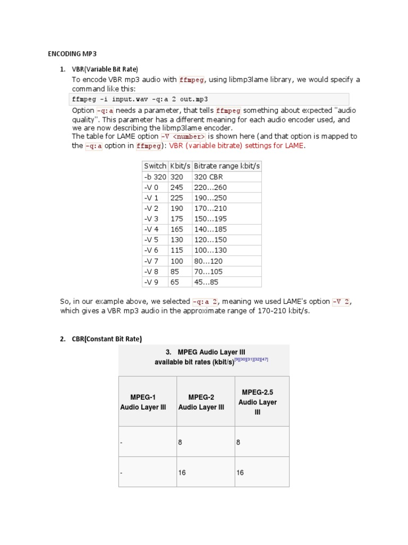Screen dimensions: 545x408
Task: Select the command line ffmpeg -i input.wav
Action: coord(140,99)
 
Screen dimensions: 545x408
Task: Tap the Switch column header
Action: coord(155,166)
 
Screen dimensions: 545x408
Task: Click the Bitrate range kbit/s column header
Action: coord(227,166)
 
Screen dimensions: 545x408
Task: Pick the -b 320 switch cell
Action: coord(155,177)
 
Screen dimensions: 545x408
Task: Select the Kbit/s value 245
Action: coord(176,187)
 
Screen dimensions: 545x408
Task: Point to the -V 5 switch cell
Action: coord(151,240)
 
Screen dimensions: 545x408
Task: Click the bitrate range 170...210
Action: coord(212,208)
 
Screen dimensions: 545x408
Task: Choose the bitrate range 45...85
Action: coord(206,282)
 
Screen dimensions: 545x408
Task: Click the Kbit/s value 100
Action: coord(176,261)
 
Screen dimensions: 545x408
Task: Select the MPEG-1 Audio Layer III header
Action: coord(143,402)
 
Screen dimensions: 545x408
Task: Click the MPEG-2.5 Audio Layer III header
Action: coord(257,402)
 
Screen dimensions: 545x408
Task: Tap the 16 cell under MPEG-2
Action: coord(182,473)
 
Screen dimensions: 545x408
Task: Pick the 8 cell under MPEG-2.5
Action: coord(239,442)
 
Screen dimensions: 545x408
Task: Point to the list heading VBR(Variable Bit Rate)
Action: coord(105,69)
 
